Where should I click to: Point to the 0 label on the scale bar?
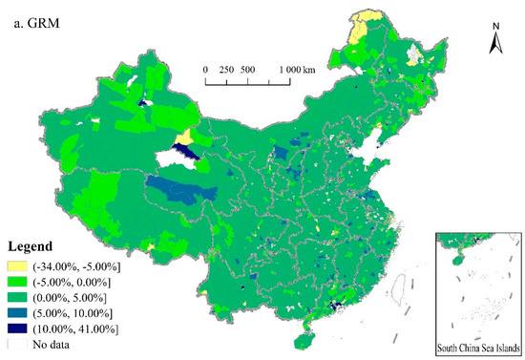click(205, 70)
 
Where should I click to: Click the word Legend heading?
click(31, 245)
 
